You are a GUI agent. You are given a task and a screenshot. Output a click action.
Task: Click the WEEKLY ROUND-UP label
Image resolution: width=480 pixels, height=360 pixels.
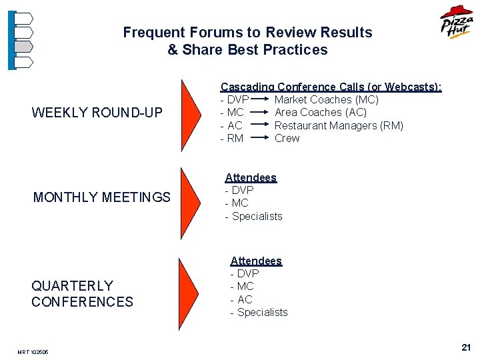[97, 113]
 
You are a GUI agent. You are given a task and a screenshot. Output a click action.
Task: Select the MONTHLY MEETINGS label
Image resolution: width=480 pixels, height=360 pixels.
[102, 197]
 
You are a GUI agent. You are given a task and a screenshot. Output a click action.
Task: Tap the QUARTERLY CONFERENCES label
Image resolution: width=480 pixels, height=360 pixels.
[82, 293]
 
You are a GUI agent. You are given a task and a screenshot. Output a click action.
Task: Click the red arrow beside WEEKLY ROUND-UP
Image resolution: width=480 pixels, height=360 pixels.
[190, 115]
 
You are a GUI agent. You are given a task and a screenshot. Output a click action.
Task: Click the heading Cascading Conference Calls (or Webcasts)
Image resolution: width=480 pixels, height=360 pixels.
[331, 87]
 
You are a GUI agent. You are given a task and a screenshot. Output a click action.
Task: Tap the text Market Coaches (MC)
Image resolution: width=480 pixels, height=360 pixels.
[326, 99]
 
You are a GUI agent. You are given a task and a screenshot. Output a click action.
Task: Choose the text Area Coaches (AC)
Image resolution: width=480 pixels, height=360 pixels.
[320, 112]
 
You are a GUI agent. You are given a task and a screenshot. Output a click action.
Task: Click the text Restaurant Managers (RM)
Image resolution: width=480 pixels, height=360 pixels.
[339, 125]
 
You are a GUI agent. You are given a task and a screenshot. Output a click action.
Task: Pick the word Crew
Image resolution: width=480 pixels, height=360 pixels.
[287, 138]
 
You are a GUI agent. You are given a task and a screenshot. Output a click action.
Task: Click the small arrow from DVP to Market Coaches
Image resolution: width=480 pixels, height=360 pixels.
[262, 100]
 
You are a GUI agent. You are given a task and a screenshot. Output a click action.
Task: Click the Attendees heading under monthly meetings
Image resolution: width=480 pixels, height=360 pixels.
[251, 177]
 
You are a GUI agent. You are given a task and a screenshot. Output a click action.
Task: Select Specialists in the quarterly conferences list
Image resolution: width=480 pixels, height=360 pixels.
[262, 312]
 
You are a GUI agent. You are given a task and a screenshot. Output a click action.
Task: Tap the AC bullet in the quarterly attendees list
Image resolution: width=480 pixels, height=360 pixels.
[244, 299]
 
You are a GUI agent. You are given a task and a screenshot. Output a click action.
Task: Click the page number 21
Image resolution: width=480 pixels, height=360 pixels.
[465, 347]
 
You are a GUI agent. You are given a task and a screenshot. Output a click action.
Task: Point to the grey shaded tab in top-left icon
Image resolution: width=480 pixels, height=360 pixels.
[23, 47]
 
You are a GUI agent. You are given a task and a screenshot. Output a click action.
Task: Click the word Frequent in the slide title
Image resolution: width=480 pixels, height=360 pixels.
[154, 32]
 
